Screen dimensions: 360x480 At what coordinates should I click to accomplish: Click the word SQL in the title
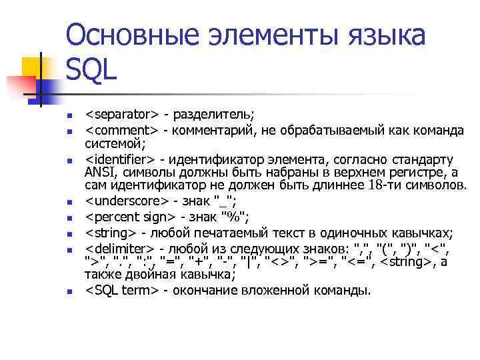tap(92, 68)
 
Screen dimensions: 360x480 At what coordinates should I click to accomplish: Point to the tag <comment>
tap(121, 131)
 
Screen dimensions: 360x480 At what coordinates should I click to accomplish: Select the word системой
tap(110, 144)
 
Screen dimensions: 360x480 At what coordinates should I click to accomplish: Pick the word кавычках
tap(415, 232)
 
